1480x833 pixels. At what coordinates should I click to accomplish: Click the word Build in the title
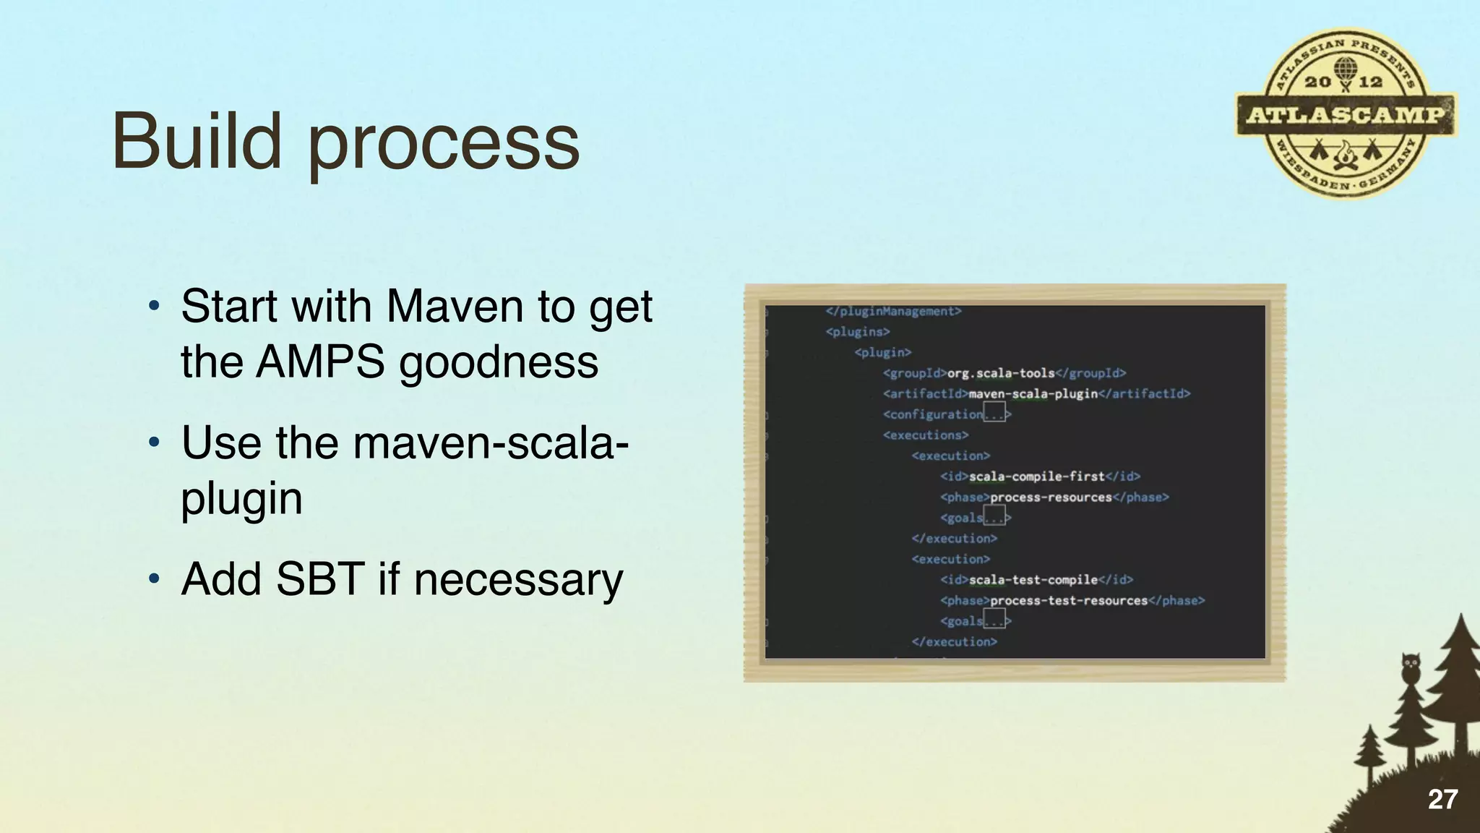(197, 141)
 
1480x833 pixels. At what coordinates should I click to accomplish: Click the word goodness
(499, 364)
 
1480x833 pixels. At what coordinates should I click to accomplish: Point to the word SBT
(319, 579)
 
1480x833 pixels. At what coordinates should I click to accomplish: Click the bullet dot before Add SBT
(153, 579)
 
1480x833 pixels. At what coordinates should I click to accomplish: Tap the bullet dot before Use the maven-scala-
(153, 443)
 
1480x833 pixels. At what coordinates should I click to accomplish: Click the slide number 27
(1442, 799)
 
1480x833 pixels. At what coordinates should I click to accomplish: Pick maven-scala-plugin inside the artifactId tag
(1033, 394)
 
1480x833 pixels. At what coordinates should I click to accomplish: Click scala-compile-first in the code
(1036, 477)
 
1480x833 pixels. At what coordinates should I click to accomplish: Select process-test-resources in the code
(1068, 601)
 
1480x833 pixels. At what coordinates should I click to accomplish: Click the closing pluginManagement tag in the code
(893, 312)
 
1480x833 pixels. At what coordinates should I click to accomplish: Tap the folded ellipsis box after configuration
(994, 415)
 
